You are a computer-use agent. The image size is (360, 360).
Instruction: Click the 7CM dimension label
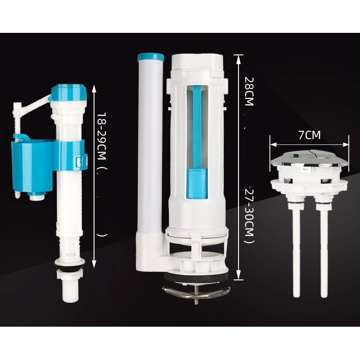pyautogui.click(x=309, y=135)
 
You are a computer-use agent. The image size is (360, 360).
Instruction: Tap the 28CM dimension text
pyautogui.click(x=249, y=91)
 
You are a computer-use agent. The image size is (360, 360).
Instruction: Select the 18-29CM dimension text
pyautogui.click(x=101, y=136)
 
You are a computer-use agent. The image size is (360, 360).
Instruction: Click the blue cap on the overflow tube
pyautogui.click(x=151, y=57)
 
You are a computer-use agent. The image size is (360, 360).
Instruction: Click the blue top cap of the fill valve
pyautogui.click(x=69, y=92)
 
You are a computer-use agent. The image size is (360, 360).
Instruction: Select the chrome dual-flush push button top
pyautogui.click(x=310, y=159)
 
